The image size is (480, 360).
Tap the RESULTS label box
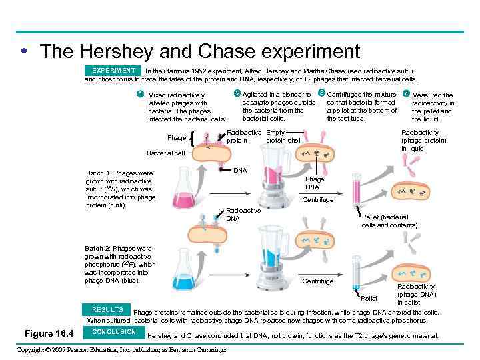click(x=107, y=310)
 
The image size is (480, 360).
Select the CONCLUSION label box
click(x=114, y=332)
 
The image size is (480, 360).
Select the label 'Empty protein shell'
click(x=284, y=137)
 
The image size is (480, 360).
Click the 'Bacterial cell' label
click(x=166, y=153)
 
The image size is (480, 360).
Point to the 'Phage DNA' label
click(x=315, y=183)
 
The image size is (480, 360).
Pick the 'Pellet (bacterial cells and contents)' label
click(x=389, y=221)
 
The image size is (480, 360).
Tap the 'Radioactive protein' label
click(x=244, y=137)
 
